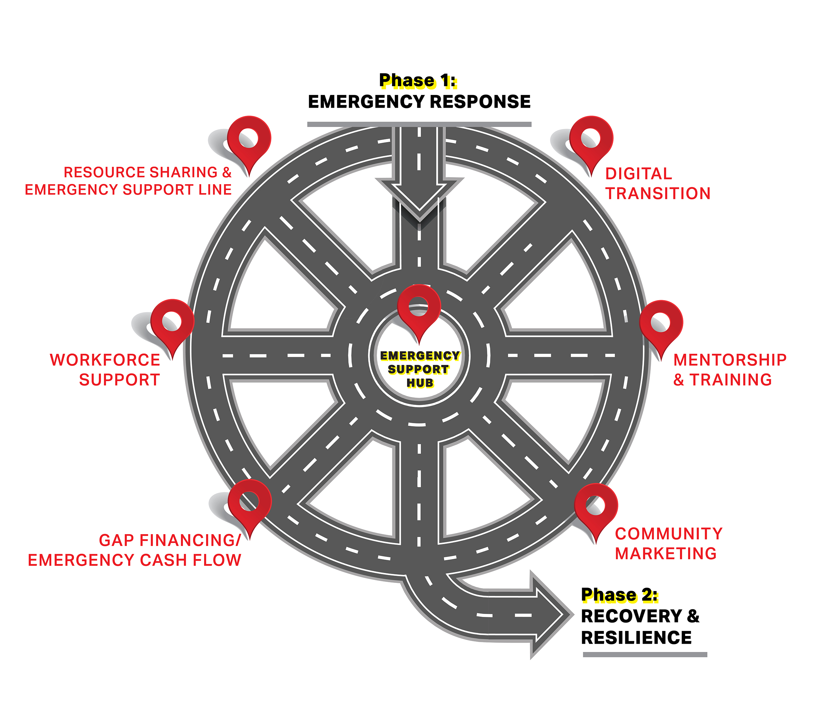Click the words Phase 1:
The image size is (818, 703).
(x=418, y=81)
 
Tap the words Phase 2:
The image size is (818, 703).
(x=619, y=595)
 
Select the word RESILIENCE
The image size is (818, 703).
(x=636, y=638)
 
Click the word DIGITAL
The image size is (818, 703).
(x=638, y=174)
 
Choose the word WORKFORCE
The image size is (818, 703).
(x=105, y=360)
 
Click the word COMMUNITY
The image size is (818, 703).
(x=669, y=533)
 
